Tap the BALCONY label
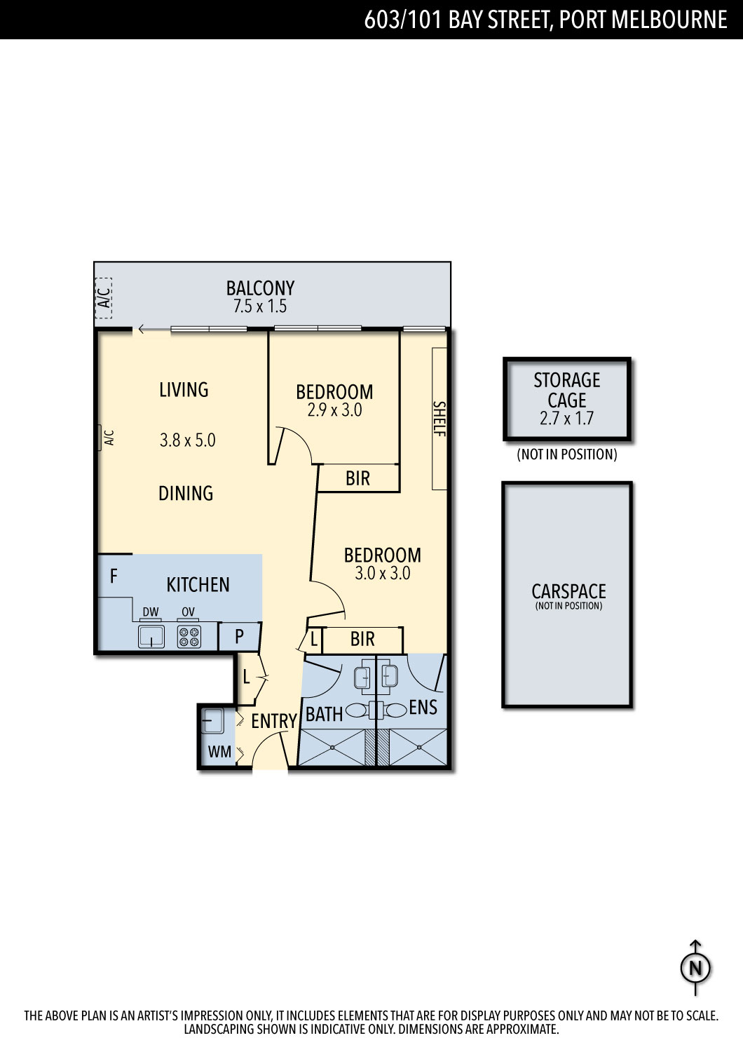coord(260,288)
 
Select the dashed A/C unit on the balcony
coord(104,298)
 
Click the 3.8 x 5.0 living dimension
coord(187,440)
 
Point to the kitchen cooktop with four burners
coord(189,636)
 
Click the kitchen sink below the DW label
coord(151,636)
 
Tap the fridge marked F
coord(114,576)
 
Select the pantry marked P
coord(240,636)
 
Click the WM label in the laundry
coord(219,751)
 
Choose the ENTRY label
coord(274,721)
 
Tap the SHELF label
coord(439,419)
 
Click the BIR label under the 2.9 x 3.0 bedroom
coord(357,478)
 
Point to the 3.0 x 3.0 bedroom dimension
coord(383,573)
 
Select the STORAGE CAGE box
coord(567,400)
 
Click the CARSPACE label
coord(568,591)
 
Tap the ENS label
coord(423,707)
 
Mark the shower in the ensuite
coord(418,747)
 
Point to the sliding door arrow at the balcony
coord(154,329)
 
